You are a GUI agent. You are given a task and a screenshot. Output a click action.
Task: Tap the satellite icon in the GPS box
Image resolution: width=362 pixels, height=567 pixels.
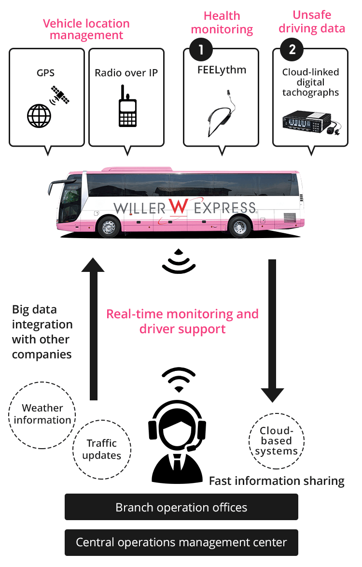click(x=60, y=95)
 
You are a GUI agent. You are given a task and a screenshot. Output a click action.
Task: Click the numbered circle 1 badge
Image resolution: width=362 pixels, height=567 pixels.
click(x=201, y=49)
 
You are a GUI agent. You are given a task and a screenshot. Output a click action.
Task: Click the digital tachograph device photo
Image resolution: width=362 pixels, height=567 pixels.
click(x=310, y=120)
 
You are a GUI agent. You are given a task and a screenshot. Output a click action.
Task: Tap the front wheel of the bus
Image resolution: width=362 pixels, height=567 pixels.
click(x=109, y=227)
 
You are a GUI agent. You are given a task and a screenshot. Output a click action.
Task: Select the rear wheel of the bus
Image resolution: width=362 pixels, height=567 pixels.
click(x=240, y=227)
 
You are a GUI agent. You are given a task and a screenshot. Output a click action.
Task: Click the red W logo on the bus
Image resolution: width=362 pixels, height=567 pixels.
click(x=178, y=207)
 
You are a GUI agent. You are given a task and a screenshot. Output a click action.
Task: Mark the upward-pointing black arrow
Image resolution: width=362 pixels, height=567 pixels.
click(x=93, y=328)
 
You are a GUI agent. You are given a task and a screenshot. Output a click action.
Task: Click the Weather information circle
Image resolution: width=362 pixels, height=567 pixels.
click(x=42, y=414)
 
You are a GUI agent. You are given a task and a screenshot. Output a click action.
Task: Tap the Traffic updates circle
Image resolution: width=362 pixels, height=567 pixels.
click(x=102, y=449)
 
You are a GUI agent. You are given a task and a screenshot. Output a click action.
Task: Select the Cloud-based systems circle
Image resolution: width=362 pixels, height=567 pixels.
click(x=277, y=440)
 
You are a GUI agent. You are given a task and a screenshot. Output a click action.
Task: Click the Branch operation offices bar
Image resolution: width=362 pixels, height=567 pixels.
click(x=181, y=507)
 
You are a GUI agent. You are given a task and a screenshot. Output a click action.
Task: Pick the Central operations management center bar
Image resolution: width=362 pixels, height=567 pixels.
click(x=181, y=542)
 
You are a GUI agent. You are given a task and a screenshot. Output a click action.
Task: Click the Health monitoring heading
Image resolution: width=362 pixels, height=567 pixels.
click(x=222, y=23)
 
